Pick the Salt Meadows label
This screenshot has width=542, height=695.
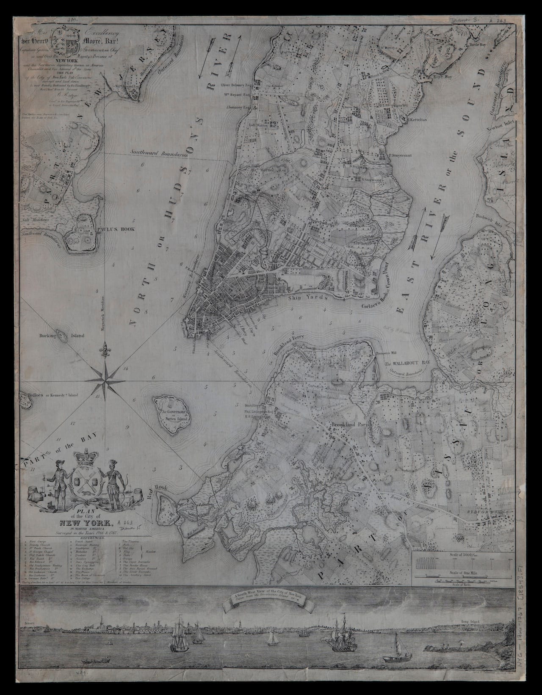(36, 220)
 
